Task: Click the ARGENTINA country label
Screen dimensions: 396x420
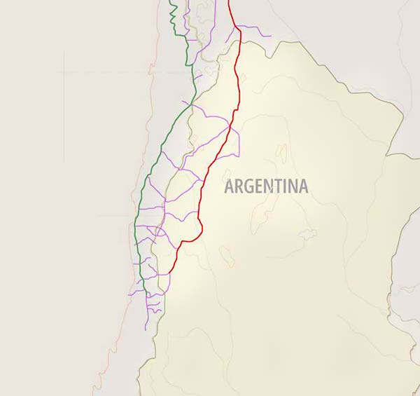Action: tap(266, 186)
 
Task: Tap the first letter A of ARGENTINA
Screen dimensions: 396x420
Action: tap(229, 187)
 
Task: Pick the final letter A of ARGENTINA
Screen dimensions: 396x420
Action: tap(302, 187)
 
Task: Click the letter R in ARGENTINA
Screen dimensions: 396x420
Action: tap(238, 187)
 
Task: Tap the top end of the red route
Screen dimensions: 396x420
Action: tap(230, 1)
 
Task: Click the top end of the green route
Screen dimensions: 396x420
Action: tap(173, 1)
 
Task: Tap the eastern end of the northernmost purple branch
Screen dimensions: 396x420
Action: tap(271, 35)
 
